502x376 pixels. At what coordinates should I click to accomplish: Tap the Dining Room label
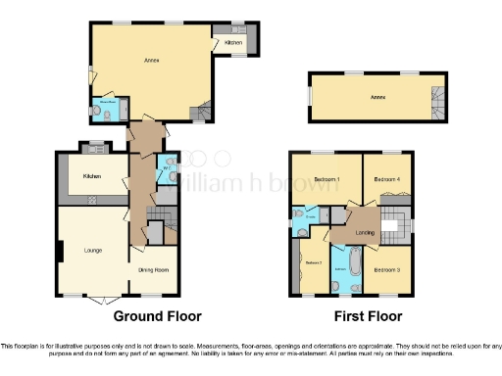coord(152,270)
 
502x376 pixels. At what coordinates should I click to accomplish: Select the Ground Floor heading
coord(157,316)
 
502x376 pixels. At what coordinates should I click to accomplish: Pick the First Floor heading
coord(368,316)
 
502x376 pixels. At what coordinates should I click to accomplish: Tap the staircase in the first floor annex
coord(437,98)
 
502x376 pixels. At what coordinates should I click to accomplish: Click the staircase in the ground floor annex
coord(203,112)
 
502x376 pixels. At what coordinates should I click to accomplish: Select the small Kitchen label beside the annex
coord(233,43)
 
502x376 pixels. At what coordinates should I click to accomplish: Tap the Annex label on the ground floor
coord(153,61)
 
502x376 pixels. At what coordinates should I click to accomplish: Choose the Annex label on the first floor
coord(377,97)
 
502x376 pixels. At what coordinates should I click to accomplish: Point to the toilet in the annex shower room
coord(108,114)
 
